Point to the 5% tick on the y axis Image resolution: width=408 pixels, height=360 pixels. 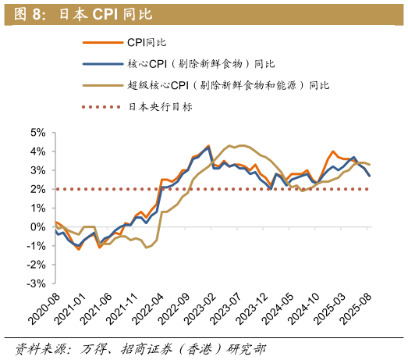[x=38, y=133]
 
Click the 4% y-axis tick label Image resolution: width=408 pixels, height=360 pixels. [x=38, y=151]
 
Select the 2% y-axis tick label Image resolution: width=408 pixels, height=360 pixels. [x=38, y=189]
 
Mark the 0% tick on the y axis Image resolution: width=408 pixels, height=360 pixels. [x=38, y=227]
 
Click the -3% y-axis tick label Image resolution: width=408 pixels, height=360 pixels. [x=36, y=283]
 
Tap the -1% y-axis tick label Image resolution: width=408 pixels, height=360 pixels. [x=36, y=246]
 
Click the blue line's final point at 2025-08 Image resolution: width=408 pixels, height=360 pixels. [x=369, y=176]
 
